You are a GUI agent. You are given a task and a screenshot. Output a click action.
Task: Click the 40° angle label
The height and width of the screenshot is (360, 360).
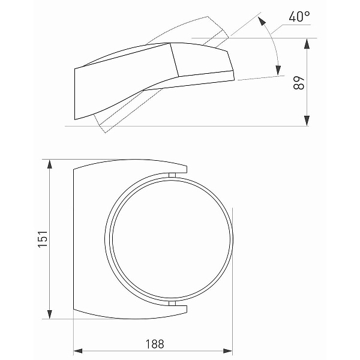(x=299, y=17)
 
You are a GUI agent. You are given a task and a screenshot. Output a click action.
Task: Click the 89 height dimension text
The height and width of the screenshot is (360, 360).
(x=299, y=83)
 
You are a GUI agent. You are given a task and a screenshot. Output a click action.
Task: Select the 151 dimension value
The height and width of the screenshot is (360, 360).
(x=43, y=239)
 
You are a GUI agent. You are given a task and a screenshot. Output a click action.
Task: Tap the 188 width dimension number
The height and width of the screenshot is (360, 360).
(x=155, y=344)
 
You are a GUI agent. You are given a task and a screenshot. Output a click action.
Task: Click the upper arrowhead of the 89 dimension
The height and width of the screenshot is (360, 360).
(x=307, y=44)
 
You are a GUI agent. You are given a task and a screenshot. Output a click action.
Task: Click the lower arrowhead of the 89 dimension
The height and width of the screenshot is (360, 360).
(x=307, y=121)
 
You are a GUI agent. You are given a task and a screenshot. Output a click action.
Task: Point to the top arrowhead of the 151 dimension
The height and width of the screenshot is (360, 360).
(x=49, y=164)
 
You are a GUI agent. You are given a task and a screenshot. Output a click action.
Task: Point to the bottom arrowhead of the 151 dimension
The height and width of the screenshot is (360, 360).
(x=49, y=314)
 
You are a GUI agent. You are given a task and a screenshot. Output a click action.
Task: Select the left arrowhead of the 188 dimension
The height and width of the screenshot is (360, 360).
(x=78, y=351)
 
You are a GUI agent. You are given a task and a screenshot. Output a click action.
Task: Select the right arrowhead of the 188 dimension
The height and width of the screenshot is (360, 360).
(x=227, y=351)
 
